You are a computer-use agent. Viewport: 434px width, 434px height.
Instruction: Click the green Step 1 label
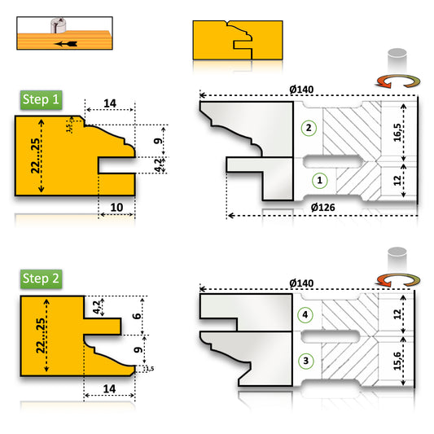click(42, 101)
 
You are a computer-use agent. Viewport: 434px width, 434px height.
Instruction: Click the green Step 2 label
click(42, 278)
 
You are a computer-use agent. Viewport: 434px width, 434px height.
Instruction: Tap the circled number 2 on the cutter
click(308, 127)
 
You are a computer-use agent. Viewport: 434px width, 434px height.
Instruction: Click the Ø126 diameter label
click(324, 208)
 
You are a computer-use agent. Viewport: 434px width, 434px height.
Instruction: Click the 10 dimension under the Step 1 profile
click(116, 208)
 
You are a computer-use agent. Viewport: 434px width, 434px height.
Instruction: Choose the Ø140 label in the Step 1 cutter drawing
click(301, 90)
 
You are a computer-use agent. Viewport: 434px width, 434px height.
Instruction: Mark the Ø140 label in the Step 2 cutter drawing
click(301, 283)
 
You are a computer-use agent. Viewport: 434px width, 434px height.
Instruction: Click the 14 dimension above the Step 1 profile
click(111, 103)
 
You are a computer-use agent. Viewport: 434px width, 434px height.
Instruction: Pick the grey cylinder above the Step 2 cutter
click(397, 256)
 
